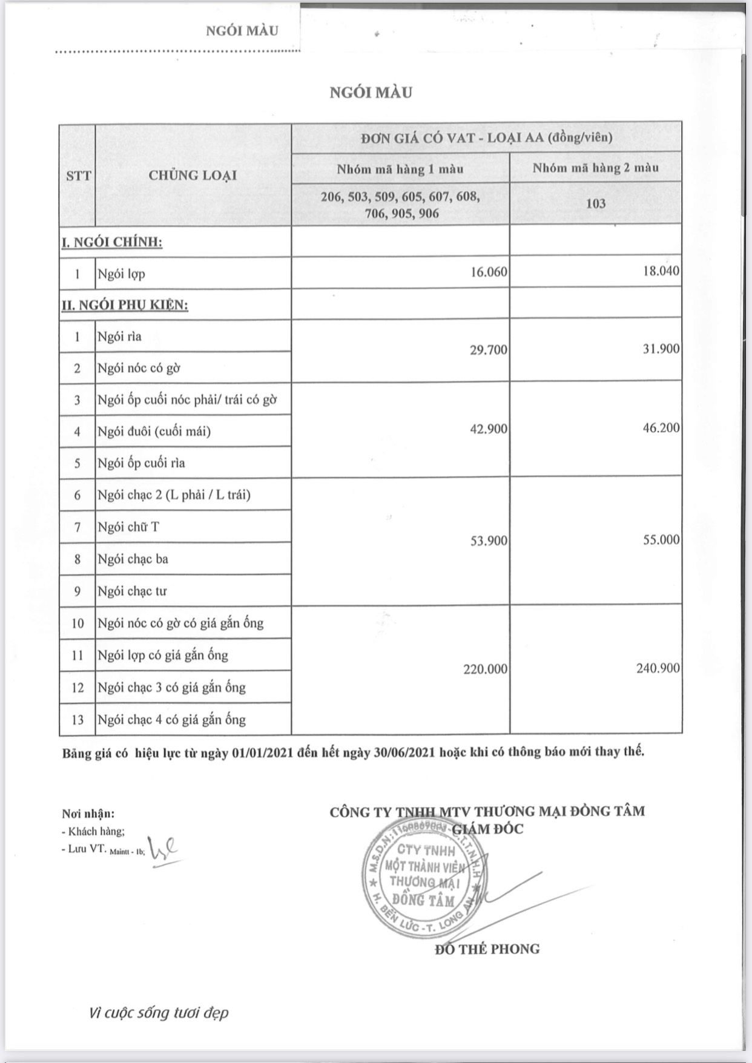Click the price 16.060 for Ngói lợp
(x=488, y=273)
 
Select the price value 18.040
(x=661, y=271)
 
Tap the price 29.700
(x=488, y=350)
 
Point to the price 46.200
(x=661, y=428)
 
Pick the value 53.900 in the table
(x=488, y=541)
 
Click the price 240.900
(x=658, y=668)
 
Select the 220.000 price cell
(x=484, y=670)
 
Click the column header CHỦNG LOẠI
(x=193, y=176)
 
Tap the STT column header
(x=78, y=176)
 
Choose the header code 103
(x=596, y=203)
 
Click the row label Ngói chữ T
(x=128, y=527)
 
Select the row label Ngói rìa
(x=119, y=337)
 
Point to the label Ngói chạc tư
(x=132, y=591)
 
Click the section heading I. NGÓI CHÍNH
(x=112, y=243)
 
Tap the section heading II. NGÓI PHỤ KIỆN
(x=125, y=305)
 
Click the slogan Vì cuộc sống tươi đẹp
(x=158, y=1013)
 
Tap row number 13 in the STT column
(x=78, y=720)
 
